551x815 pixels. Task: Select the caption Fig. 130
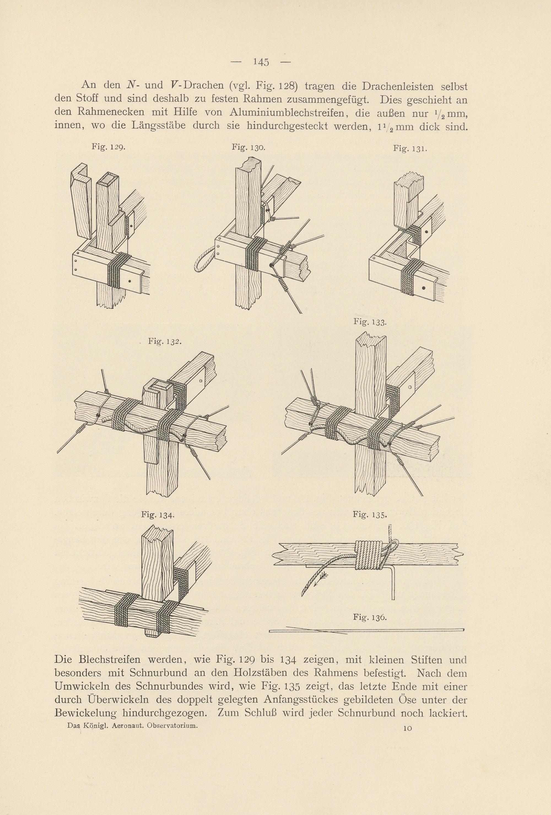click(249, 147)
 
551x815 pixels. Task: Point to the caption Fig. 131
click(409, 149)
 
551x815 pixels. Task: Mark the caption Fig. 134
click(158, 515)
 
